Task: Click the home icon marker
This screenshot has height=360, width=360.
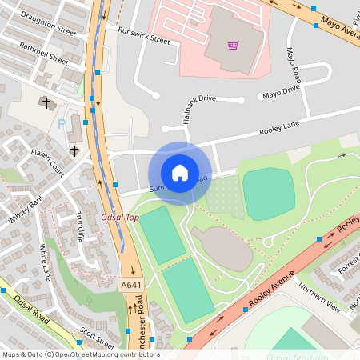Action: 180,173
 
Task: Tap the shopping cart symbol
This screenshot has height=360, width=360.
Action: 233,46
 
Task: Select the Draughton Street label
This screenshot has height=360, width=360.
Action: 49,30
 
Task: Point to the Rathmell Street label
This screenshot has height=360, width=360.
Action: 44,54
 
